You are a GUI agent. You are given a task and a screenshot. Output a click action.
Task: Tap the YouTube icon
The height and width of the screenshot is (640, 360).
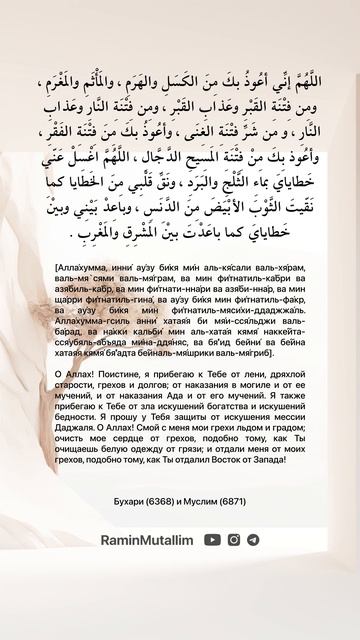click(213, 539)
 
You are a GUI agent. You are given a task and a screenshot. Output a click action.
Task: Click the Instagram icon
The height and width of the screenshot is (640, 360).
click(234, 539)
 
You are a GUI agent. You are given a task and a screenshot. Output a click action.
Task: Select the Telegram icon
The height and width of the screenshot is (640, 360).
click(253, 539)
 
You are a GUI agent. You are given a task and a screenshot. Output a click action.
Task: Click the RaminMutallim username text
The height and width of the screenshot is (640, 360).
click(147, 539)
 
